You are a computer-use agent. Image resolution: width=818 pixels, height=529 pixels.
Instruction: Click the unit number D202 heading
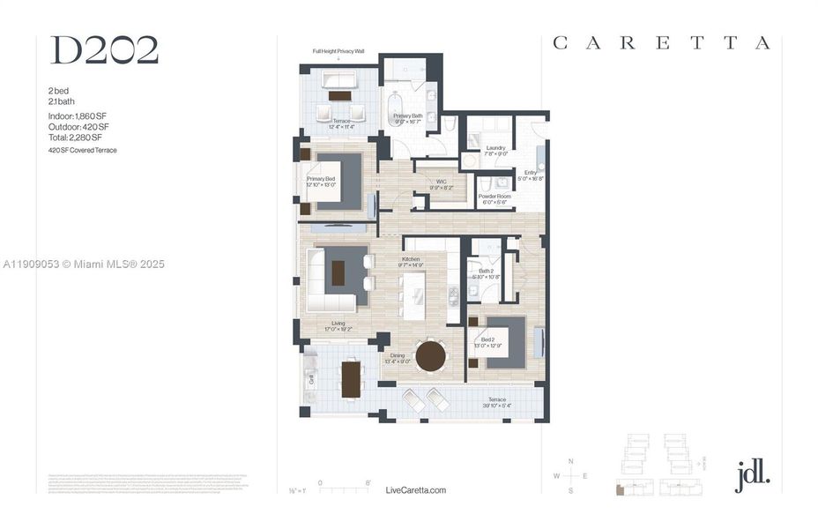point(104,51)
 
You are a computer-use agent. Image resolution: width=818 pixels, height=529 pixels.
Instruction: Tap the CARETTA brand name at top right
point(661,43)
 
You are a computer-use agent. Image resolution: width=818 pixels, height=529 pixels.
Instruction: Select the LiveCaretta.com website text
point(416,490)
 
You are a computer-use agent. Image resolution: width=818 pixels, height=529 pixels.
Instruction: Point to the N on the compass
point(570,462)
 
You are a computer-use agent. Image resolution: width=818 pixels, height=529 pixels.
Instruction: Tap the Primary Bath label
point(408,118)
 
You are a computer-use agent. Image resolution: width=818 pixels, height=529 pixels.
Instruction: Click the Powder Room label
point(495,198)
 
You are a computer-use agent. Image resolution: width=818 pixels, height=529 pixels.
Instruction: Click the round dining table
point(431,356)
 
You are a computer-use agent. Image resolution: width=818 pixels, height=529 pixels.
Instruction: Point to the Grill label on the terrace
point(311,380)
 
